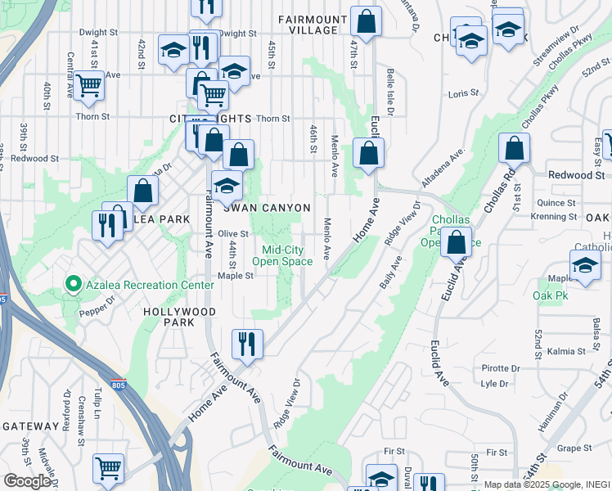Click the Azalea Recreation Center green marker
[x=73, y=285]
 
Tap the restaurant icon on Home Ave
[x=246, y=345]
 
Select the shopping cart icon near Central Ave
[x=89, y=84]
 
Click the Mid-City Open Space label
[x=282, y=256]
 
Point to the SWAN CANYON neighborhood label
[x=268, y=208]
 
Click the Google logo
[x=27, y=481]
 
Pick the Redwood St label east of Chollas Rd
[x=576, y=175]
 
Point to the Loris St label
[x=463, y=94]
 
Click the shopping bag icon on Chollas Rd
[x=514, y=149]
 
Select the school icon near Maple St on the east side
[x=585, y=265]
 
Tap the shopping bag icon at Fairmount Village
[x=367, y=21]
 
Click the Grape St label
[x=574, y=448]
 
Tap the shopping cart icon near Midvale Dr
[x=108, y=468]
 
